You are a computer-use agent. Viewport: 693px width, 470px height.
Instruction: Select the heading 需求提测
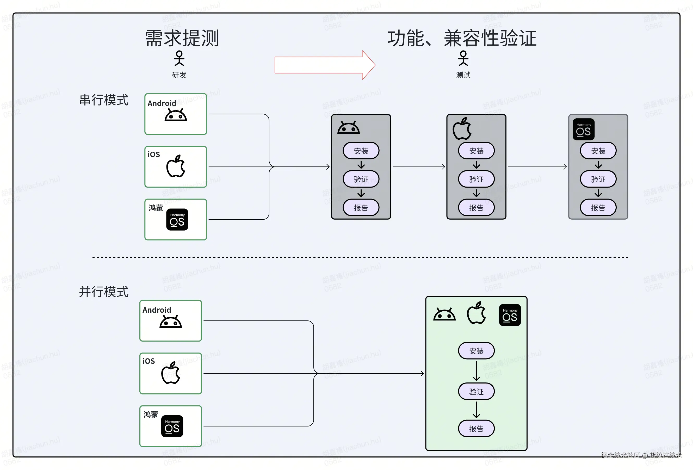coord(182,39)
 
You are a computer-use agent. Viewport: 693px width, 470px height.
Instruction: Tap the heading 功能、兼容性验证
coord(462,39)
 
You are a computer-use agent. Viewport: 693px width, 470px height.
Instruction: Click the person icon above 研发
coord(179,58)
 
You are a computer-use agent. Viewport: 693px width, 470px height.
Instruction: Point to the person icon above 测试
coord(463,58)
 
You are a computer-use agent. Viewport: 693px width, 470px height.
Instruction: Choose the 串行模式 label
coord(104,100)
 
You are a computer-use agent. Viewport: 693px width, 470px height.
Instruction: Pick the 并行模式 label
coord(104,292)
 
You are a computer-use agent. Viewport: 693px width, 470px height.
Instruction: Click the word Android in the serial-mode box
coord(162,103)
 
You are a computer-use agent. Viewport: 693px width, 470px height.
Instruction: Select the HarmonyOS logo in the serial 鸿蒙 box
coord(177,219)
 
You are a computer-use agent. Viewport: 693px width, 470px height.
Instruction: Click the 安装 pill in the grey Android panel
coord(361,151)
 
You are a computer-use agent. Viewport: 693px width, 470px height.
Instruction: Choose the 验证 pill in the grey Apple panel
coord(476,179)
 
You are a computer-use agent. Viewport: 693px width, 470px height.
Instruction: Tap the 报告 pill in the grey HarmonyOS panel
coord(598,208)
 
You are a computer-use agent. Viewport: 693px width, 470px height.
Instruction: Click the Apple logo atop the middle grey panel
coord(462,129)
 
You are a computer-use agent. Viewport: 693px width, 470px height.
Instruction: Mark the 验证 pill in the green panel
coord(476,392)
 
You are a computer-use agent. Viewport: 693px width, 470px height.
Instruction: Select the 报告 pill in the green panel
coord(476,429)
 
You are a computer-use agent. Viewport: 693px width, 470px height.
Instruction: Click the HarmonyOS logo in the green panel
coord(510,315)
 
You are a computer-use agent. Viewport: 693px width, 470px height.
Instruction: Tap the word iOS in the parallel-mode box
coord(149,361)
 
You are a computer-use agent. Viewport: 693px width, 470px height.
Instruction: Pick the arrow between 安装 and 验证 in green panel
coord(476,371)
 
